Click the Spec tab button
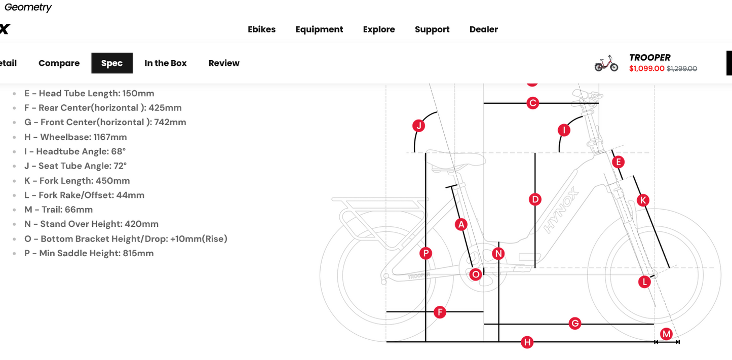[x=112, y=63]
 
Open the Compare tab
[x=59, y=63]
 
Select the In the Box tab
[x=165, y=63]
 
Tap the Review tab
[x=224, y=63]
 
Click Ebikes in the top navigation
[x=261, y=29]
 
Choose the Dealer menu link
[x=484, y=29]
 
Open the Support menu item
[x=432, y=29]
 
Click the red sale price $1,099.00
[x=647, y=68]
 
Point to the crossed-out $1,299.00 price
[x=682, y=68]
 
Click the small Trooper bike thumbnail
[x=606, y=63]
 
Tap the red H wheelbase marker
[x=527, y=342]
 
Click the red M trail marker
[x=666, y=334]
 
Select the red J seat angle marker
[x=418, y=126]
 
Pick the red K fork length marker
[x=643, y=201]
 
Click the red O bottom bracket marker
[x=476, y=274]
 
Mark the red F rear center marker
[x=440, y=312]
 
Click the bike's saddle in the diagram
[x=457, y=160]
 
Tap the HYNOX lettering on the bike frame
[x=561, y=210]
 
